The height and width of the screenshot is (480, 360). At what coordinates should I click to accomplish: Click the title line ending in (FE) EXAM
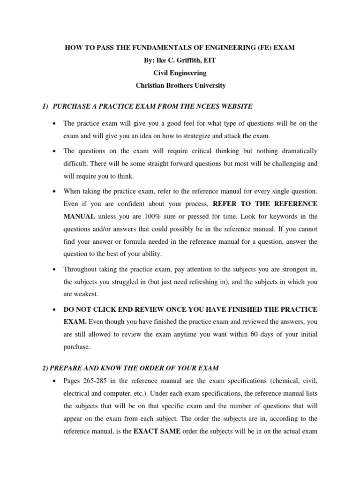(180, 49)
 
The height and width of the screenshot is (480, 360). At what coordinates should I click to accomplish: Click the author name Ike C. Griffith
(180, 61)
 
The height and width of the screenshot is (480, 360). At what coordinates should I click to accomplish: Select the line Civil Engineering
(180, 74)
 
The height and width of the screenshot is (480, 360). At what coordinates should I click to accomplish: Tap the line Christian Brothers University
(180, 86)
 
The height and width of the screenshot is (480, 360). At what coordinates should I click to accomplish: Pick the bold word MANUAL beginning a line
(80, 217)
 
